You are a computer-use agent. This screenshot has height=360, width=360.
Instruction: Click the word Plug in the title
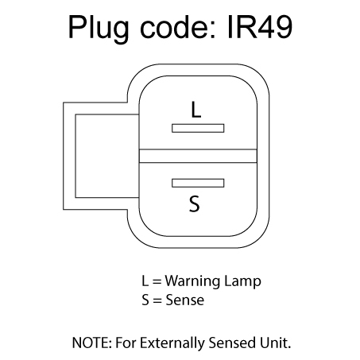pos(99,29)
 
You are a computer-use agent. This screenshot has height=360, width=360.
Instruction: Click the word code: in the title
pos(178,27)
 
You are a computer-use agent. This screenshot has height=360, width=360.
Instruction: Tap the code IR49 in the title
pos(260,27)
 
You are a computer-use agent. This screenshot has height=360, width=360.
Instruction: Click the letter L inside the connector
pos(196,110)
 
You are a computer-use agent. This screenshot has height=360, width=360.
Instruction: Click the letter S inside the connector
pos(195,203)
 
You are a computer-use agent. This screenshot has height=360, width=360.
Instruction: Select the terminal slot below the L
pos(198,128)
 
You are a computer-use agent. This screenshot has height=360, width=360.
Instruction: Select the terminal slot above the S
pos(198,183)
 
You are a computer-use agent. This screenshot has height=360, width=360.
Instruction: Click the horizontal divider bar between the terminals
pos(198,156)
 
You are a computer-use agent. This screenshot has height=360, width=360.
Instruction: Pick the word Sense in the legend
pos(185,300)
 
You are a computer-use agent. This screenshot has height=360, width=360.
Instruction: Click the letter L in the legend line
pos(145,281)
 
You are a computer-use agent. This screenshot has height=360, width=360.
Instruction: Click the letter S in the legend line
pos(145,300)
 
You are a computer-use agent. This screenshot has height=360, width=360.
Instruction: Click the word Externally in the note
pos(172,343)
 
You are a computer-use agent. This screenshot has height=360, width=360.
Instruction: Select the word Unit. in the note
pos(275,343)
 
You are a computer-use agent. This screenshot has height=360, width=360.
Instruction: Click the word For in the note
pos(126,343)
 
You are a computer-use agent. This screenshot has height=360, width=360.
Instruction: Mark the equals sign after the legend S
pos(157,300)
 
